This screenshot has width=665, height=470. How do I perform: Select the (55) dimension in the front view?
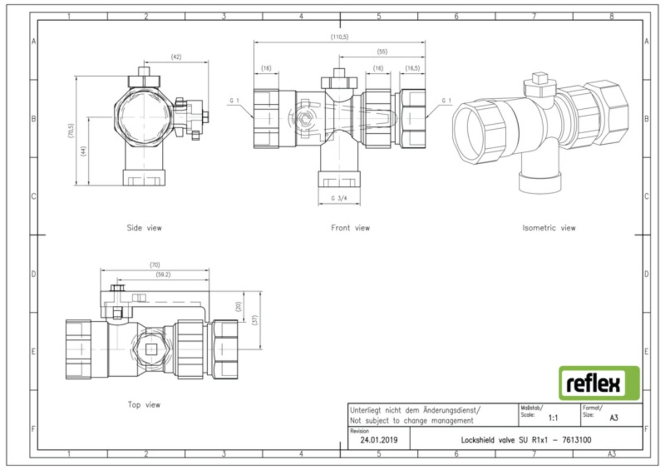(x=382, y=52)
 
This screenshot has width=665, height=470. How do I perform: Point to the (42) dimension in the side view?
(x=176, y=57)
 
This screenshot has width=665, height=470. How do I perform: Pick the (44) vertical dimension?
(x=84, y=151)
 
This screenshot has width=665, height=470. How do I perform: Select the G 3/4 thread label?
(x=339, y=198)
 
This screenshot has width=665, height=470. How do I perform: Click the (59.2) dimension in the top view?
(x=163, y=275)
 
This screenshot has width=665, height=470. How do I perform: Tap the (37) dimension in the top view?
(x=255, y=320)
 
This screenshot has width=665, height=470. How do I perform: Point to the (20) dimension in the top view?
(x=238, y=306)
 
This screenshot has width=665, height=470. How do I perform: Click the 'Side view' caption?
(x=144, y=228)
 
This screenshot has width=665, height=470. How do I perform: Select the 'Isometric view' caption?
(x=549, y=228)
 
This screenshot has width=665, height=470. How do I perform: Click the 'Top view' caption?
(x=144, y=405)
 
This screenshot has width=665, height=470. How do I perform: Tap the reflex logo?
(x=600, y=383)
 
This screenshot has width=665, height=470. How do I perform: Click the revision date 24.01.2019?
(x=379, y=440)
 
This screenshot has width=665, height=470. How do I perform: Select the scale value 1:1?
(x=553, y=418)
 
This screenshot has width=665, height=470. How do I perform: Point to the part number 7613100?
(x=577, y=440)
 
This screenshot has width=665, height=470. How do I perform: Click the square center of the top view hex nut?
(x=151, y=350)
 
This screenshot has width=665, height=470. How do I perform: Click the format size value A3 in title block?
(x=614, y=418)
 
